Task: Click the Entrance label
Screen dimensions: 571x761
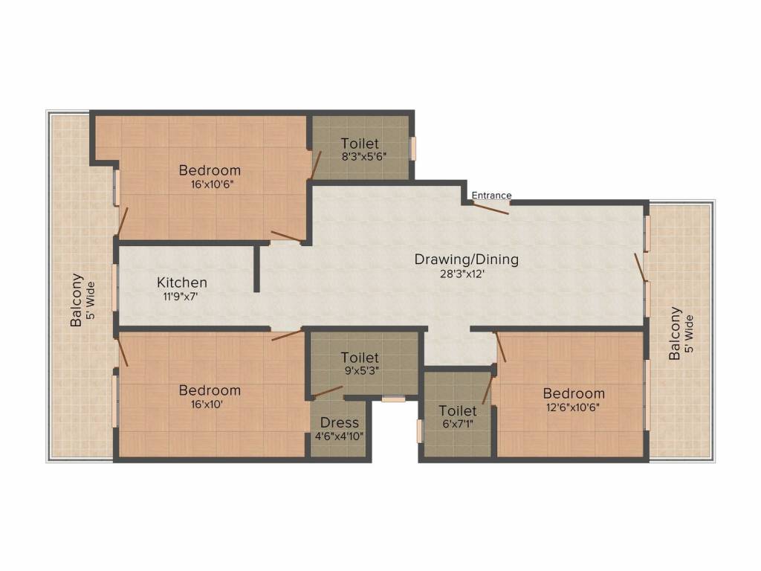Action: pyautogui.click(x=491, y=196)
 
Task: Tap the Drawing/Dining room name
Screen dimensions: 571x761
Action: pyautogui.click(x=466, y=259)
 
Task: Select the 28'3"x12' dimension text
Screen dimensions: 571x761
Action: pyautogui.click(x=466, y=274)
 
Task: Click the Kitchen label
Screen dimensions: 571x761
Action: pyautogui.click(x=182, y=283)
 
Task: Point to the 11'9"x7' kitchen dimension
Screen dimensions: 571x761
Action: pyautogui.click(x=181, y=296)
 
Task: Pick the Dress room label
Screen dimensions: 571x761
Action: pyautogui.click(x=340, y=423)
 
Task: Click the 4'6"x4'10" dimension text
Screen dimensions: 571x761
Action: pyautogui.click(x=340, y=436)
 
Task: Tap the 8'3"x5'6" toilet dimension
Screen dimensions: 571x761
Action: pyautogui.click(x=360, y=158)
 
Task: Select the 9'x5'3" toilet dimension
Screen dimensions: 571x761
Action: pyautogui.click(x=360, y=372)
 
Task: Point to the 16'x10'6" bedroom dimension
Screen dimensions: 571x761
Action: pyautogui.click(x=210, y=184)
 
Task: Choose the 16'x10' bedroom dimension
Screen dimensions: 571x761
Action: pyautogui.click(x=210, y=404)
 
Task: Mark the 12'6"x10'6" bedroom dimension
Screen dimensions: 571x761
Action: pyautogui.click(x=573, y=407)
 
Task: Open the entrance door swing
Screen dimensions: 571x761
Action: pyautogui.click(x=490, y=208)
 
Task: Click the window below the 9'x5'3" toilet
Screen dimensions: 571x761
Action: pyautogui.click(x=394, y=399)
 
